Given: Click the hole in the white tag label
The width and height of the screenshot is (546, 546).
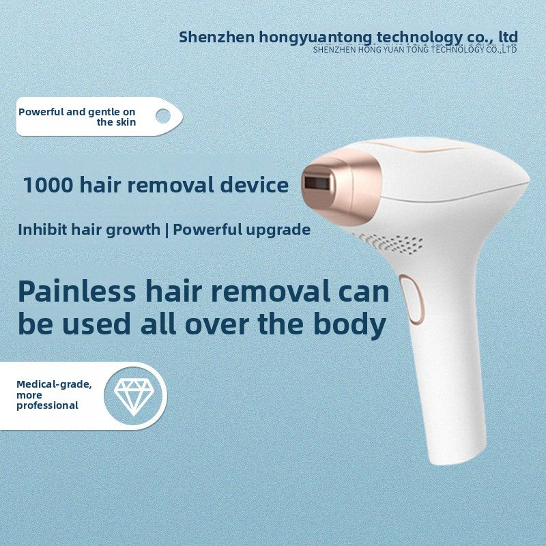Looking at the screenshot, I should [162, 116].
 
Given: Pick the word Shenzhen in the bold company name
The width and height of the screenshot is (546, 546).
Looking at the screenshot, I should [216, 37].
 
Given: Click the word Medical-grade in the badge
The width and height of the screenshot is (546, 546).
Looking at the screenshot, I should [54, 384].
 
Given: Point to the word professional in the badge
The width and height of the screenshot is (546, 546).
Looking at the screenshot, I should [48, 405].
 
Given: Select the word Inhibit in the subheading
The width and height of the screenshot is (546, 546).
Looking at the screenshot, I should [42, 229].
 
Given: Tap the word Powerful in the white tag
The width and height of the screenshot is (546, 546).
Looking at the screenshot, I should [40, 111].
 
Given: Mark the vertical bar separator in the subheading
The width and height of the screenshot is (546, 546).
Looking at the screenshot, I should [167, 229].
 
